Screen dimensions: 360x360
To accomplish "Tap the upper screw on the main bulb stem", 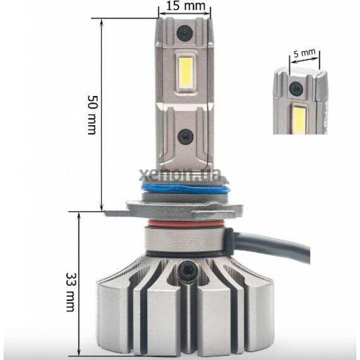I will click(x=184, y=31).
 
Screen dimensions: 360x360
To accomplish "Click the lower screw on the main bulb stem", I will click(x=185, y=134).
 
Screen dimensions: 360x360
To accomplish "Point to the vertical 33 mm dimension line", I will click(x=79, y=284).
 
